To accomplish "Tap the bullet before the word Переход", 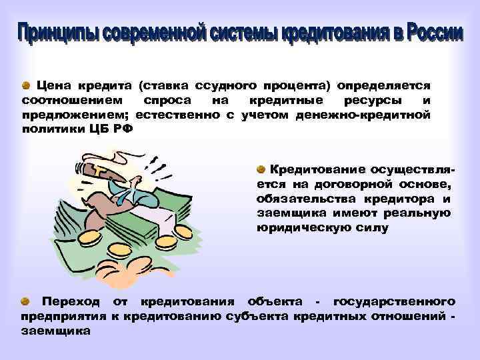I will click(x=25, y=302).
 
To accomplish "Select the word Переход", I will click(x=70, y=303).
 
